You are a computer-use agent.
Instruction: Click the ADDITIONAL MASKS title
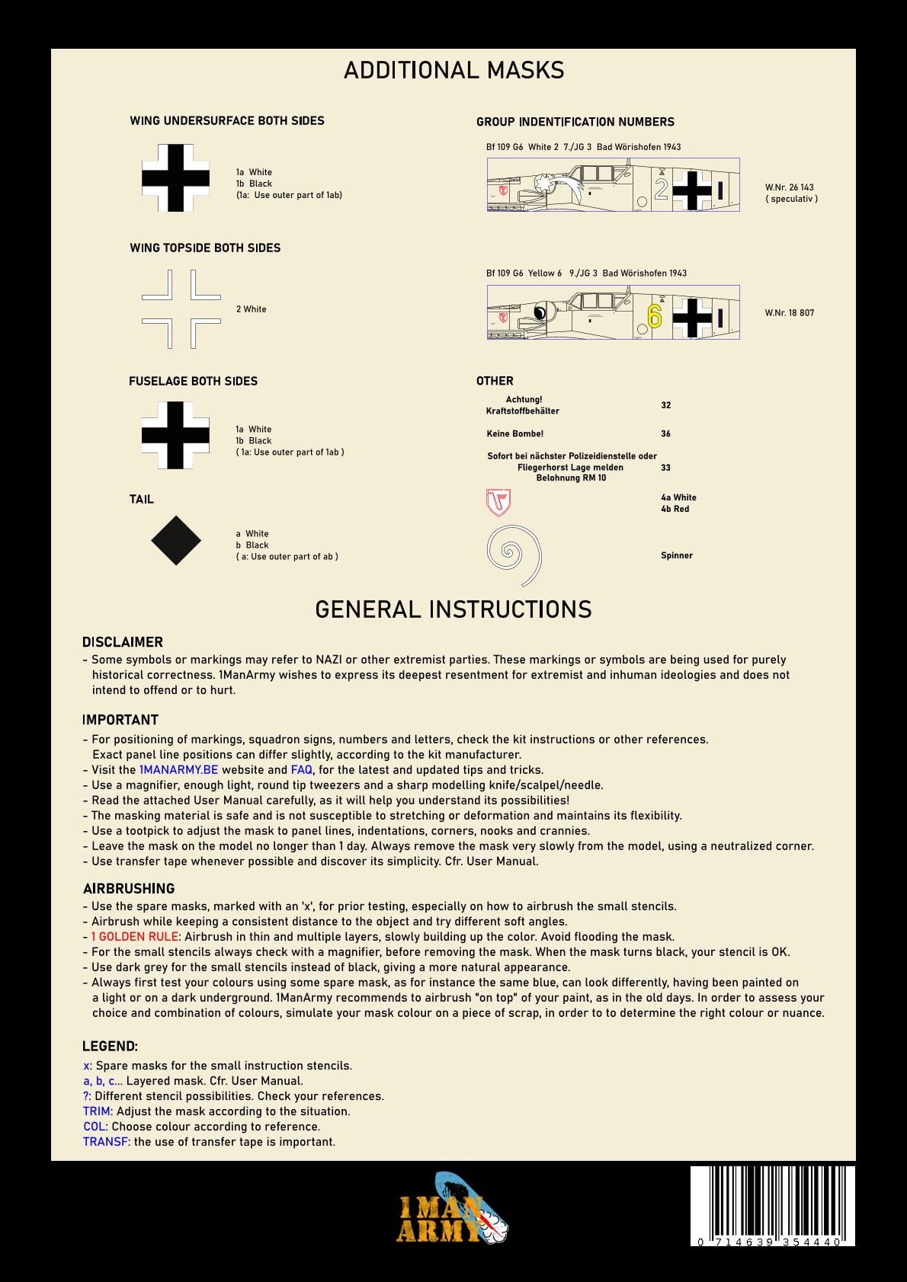[453, 71]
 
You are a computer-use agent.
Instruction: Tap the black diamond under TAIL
[176, 541]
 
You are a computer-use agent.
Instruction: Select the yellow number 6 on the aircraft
[654, 315]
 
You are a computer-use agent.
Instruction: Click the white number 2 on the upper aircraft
[661, 189]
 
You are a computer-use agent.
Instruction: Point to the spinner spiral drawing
[514, 555]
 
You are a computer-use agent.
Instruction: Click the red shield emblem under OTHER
[498, 503]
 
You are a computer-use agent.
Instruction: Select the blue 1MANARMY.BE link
[178, 770]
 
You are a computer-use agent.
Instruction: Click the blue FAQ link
[301, 770]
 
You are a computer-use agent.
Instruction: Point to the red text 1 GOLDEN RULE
[134, 937]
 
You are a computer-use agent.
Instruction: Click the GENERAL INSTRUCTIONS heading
[453, 609]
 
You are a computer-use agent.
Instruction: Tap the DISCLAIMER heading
[123, 642]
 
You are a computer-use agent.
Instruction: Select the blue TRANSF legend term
[105, 1142]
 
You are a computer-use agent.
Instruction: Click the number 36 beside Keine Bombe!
[665, 433]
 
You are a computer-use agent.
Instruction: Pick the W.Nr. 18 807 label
[789, 313]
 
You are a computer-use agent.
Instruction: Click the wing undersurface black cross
[175, 178]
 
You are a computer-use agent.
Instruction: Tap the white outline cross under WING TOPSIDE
[181, 309]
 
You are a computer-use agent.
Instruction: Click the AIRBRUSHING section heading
[129, 888]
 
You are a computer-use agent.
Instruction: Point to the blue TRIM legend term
[97, 1111]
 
